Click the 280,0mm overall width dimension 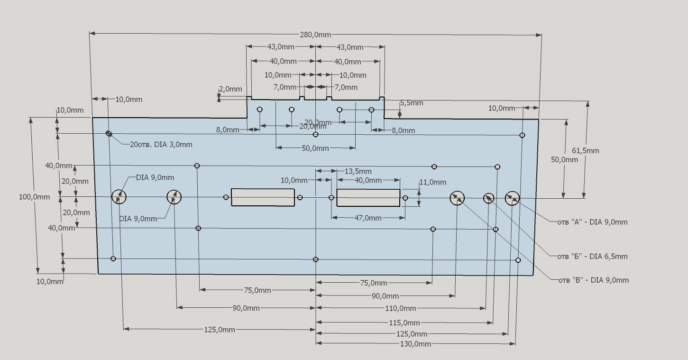(315, 35)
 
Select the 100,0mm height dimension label (35, 197)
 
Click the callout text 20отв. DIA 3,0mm (161, 145)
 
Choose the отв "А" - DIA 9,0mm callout (592, 222)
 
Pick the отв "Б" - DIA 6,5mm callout (592, 257)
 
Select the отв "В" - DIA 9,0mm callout (593, 280)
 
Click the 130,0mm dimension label (416, 344)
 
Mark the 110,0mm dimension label (401, 309)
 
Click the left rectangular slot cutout (263, 197)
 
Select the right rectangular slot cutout (368, 197)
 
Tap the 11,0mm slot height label (432, 182)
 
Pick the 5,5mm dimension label (412, 103)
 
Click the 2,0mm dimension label (230, 89)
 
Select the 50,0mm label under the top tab (315, 148)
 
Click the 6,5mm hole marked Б (488, 198)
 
